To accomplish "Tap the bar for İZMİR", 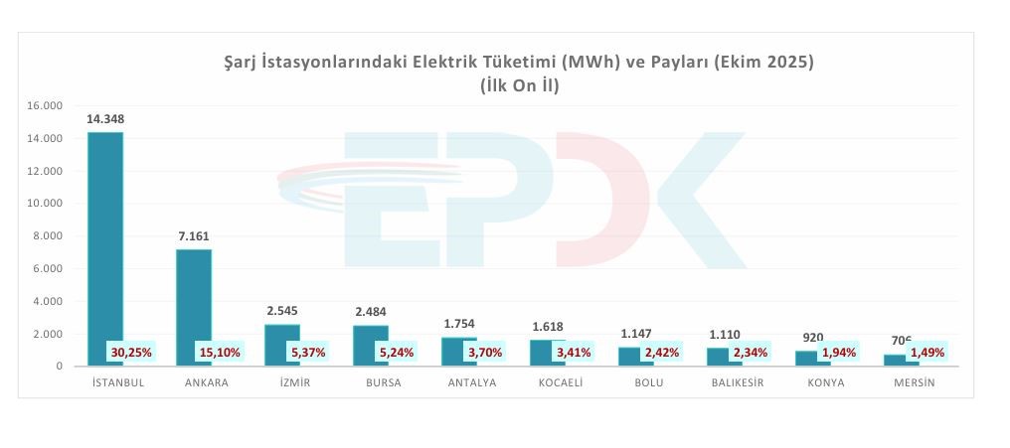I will (282, 338).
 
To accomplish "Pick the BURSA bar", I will (370, 339).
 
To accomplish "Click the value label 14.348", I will (105, 119).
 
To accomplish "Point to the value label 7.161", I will (193, 236).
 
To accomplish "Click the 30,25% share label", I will (131, 352).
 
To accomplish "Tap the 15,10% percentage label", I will (220, 352).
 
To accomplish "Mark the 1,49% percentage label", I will (926, 352).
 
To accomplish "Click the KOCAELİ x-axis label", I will (561, 383).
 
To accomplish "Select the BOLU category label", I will (649, 383).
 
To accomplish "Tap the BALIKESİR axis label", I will (738, 383).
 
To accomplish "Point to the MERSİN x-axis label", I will (914, 383).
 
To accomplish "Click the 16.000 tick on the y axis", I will (46, 105).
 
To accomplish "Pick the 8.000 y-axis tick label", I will (49, 236).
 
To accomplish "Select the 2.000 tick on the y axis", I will (49, 334).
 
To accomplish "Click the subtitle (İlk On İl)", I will (519, 85).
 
